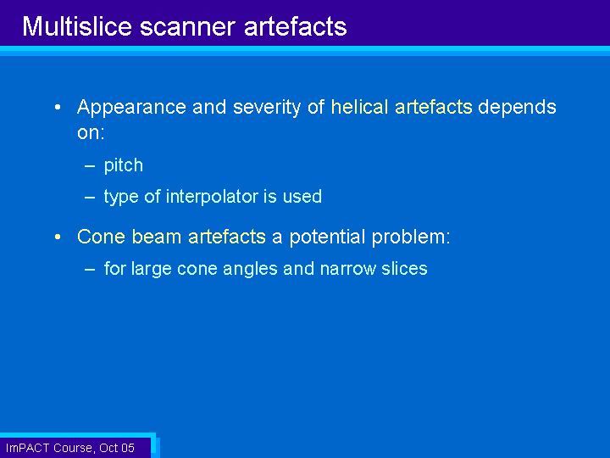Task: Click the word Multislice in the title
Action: click(x=77, y=26)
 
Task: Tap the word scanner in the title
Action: click(x=187, y=28)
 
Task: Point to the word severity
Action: click(x=267, y=108)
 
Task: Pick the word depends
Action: click(x=517, y=108)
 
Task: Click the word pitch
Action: click(x=124, y=166)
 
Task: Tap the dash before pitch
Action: click(x=90, y=166)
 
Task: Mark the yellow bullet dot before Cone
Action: click(x=58, y=237)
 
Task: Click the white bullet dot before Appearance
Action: click(x=58, y=107)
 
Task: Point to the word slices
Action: click(x=404, y=268)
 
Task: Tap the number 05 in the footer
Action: click(x=127, y=448)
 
